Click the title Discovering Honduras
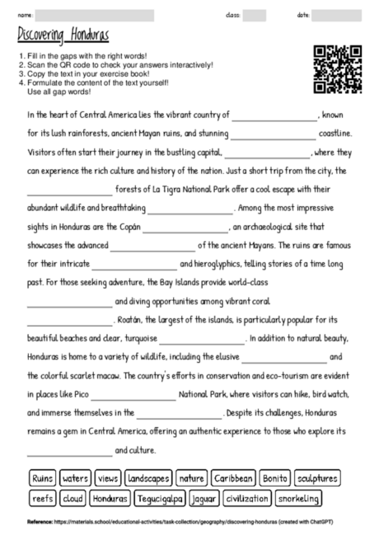(x=63, y=35)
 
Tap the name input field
(x=96, y=15)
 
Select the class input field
(x=255, y=15)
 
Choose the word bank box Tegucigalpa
(x=161, y=499)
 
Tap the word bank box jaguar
(x=204, y=499)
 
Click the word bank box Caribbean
(x=233, y=478)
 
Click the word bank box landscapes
(x=149, y=478)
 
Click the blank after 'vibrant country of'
(x=273, y=117)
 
